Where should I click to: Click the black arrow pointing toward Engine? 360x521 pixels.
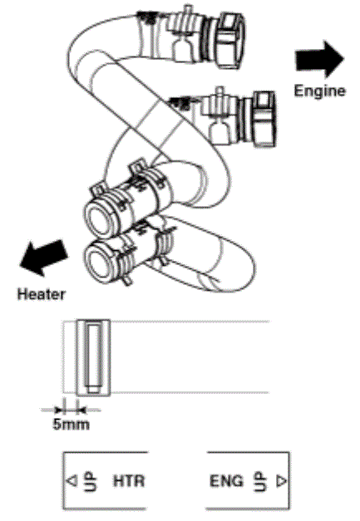320,60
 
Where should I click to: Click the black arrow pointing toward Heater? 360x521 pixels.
43,258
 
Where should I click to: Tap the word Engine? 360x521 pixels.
319,91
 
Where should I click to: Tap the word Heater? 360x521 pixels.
42,294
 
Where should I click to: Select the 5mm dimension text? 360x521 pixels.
71,425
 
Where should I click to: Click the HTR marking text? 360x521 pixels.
129,481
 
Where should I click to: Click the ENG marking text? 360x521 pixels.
226,481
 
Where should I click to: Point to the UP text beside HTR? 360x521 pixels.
90,481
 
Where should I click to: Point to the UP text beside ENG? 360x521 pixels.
260,481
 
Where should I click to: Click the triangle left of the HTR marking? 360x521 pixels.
72,481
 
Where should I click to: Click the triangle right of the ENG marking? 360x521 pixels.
282,481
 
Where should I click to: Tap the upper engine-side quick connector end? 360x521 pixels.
230,40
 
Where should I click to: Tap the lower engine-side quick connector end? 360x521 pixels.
264,119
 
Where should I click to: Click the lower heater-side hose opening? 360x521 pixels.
100,263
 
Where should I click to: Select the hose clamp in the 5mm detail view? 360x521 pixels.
93,357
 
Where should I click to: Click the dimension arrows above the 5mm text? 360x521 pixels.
70,410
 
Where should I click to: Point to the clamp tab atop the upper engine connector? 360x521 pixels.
188,13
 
